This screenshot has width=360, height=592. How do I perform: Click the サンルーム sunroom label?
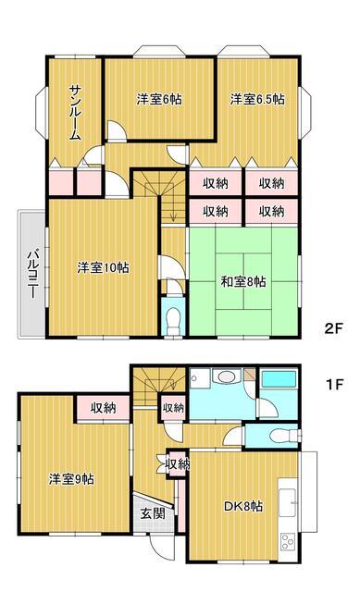point(75,113)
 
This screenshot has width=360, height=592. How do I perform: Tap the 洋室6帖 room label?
point(159,99)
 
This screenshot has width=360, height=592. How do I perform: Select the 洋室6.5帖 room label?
point(257,99)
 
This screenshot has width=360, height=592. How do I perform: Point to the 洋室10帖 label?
point(103,267)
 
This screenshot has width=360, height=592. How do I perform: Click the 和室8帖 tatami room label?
point(243,281)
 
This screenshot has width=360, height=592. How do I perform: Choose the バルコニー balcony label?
point(33,274)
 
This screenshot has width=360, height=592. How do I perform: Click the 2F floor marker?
point(333,328)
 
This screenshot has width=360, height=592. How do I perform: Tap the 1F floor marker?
point(334,385)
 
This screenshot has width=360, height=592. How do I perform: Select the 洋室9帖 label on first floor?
point(72,479)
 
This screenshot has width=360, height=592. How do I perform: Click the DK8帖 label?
point(243,506)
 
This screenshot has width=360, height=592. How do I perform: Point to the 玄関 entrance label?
point(153,513)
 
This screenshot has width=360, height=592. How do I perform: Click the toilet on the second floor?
point(173,317)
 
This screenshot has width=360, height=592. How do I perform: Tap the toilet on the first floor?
point(283,436)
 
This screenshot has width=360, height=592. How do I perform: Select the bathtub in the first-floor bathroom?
point(279,379)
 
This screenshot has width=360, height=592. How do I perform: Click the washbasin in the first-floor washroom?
point(226,376)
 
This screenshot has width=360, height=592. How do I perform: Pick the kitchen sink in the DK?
point(287,502)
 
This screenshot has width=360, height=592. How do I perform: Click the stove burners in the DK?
point(287,542)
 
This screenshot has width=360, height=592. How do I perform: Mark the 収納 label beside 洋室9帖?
point(104,408)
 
